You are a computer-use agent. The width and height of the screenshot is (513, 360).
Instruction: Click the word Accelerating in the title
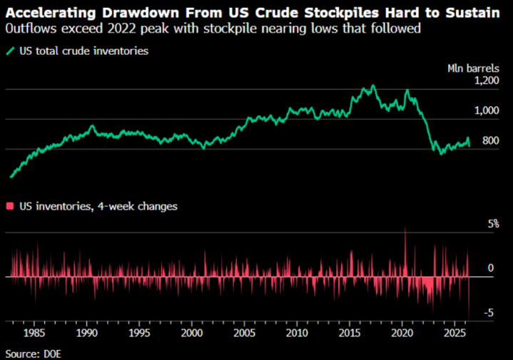click(x=51, y=13)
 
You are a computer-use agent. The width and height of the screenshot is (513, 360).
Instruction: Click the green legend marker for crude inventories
click(x=11, y=51)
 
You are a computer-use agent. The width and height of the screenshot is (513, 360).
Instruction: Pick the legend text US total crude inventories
click(x=83, y=51)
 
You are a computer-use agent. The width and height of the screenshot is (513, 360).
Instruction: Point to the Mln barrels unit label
click(x=473, y=68)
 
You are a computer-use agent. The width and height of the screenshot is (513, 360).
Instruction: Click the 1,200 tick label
click(x=487, y=81)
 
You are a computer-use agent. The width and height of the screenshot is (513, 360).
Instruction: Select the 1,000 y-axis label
click(x=487, y=110)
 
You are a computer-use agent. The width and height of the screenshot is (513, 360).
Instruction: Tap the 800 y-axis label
click(x=491, y=140)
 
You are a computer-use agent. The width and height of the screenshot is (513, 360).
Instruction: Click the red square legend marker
click(x=10, y=206)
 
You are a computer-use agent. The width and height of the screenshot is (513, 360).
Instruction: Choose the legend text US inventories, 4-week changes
click(x=98, y=206)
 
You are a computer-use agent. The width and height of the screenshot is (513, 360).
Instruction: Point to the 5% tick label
click(x=493, y=224)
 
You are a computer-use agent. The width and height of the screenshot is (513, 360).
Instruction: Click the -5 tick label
click(x=489, y=313)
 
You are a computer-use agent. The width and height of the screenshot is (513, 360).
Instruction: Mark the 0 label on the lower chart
click(x=490, y=268)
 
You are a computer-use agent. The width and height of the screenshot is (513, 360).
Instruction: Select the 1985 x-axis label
click(x=34, y=333)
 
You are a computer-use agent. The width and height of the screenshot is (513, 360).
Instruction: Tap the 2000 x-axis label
click(x=192, y=333)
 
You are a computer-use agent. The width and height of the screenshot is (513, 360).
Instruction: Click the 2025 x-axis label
click(x=454, y=333)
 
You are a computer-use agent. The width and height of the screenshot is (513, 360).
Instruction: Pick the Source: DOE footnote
click(x=33, y=354)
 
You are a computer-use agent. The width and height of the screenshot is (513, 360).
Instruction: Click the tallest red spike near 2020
click(x=405, y=227)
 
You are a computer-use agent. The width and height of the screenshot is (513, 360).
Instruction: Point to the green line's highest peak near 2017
click(x=373, y=86)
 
